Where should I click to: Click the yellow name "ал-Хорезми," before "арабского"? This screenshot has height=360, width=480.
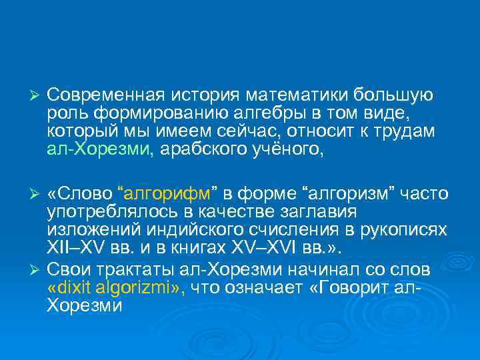point(100,147)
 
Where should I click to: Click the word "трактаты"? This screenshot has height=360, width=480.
point(122,269)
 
